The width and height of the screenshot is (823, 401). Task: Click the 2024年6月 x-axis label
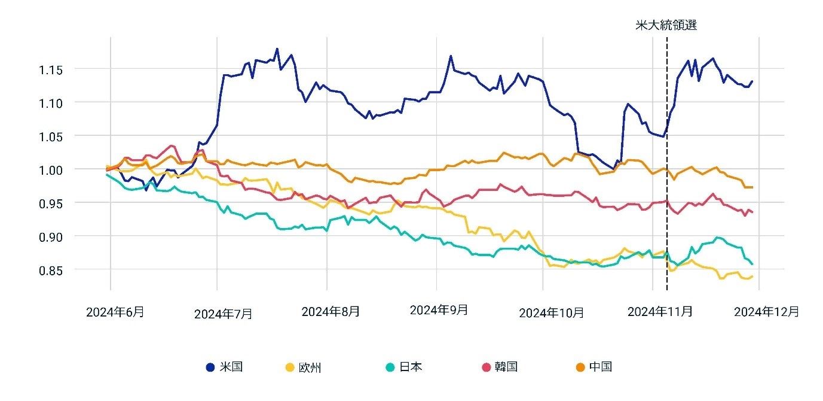point(115,312)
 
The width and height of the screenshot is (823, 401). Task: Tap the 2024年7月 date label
point(223,314)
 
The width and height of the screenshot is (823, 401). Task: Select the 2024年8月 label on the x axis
point(331,311)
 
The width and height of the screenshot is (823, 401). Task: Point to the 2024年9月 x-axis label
point(439,310)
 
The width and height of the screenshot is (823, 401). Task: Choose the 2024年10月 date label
point(551,313)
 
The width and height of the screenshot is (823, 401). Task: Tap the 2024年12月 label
point(766,311)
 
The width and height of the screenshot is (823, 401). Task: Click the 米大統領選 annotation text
point(666,25)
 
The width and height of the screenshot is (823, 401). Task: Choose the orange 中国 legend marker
point(580,367)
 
